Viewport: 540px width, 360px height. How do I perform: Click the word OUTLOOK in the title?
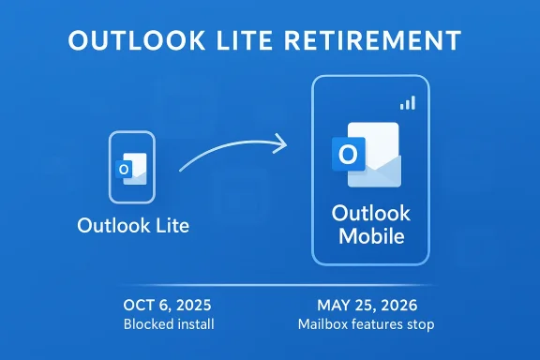pyautogui.click(x=137, y=40)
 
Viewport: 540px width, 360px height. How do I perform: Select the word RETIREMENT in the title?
pyautogui.click(x=372, y=40)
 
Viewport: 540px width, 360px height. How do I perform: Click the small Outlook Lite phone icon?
pyautogui.click(x=132, y=167)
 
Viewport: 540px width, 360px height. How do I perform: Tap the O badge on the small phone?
pyautogui.click(x=124, y=169)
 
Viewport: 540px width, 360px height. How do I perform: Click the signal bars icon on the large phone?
pyautogui.click(x=408, y=103)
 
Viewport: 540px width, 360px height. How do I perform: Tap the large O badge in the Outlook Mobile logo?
pyautogui.click(x=348, y=154)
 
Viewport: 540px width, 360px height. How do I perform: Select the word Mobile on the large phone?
pyautogui.click(x=371, y=236)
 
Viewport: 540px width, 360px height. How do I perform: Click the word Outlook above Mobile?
pyautogui.click(x=371, y=213)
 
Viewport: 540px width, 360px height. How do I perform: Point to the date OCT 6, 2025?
pyautogui.click(x=167, y=306)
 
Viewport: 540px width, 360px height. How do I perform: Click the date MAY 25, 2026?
pyautogui.click(x=367, y=306)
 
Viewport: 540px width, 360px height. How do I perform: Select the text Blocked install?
pyautogui.click(x=169, y=324)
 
